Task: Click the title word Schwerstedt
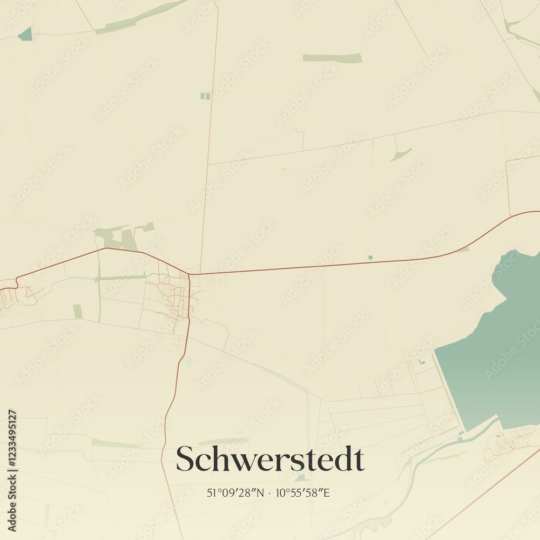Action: click(x=270, y=460)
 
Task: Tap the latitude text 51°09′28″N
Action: click(x=235, y=492)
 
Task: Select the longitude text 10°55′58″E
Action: click(x=302, y=492)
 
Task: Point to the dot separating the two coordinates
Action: click(x=269, y=492)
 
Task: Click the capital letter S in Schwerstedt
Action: click(x=185, y=460)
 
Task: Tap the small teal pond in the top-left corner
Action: click(x=25, y=34)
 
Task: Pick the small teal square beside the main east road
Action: click(x=370, y=257)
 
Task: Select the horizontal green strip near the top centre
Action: click(x=332, y=58)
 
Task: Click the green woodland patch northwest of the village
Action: click(x=116, y=238)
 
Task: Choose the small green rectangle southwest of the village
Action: click(x=78, y=311)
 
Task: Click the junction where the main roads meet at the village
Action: click(x=189, y=274)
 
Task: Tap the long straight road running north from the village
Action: click(x=209, y=135)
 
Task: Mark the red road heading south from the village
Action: click(x=174, y=389)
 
